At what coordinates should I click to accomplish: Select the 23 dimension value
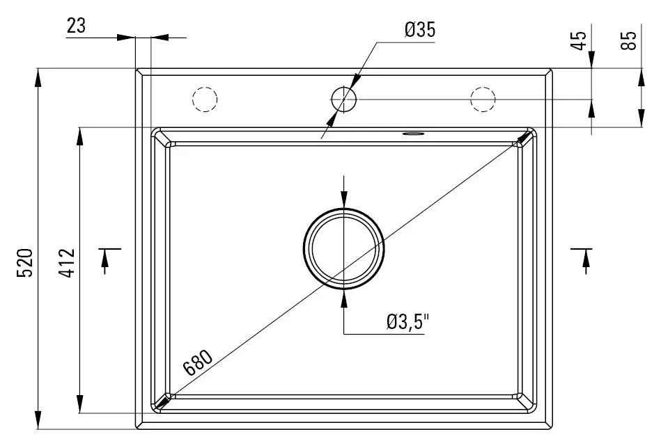pos(76,26)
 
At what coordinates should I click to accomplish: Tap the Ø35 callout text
pos(419,30)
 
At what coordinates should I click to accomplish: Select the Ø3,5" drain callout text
pos(408,322)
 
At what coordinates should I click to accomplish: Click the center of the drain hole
pos(343,248)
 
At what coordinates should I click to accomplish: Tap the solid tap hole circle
pos(343,99)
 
